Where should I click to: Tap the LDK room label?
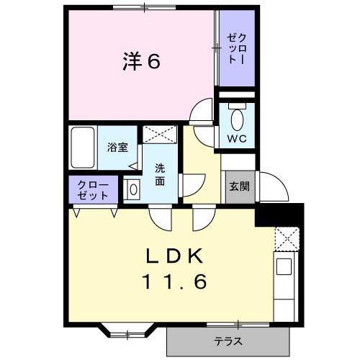(177, 256)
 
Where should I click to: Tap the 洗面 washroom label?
(160, 175)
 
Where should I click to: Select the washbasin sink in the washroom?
(132, 189)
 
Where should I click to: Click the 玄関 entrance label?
(239, 186)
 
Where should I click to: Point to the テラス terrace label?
(228, 341)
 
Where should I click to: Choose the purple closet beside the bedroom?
(237, 48)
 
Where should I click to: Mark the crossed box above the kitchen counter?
(287, 238)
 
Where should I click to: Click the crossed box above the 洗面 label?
(159, 134)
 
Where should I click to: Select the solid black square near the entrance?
(279, 215)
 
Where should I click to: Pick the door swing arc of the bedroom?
(202, 112)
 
